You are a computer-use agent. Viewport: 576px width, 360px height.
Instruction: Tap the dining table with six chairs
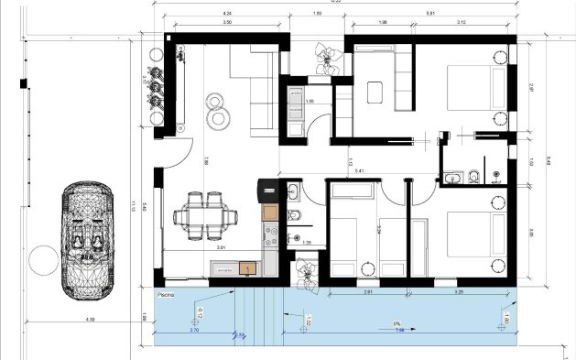(200, 215)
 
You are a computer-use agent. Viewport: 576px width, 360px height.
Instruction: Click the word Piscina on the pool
(166, 295)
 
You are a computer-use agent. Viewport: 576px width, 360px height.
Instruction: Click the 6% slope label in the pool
(397, 323)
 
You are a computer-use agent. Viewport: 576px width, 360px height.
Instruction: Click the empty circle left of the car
(42, 259)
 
